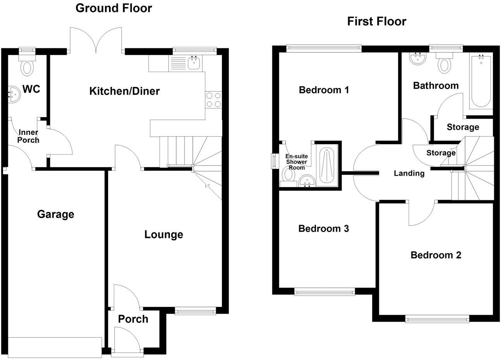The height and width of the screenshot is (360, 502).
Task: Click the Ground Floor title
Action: (113, 8)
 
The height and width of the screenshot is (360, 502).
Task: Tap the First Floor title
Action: (376, 21)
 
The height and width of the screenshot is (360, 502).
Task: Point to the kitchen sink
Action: (194, 63)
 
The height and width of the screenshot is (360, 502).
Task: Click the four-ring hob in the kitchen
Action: (213, 100)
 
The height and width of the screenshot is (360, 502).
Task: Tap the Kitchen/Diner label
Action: (124, 91)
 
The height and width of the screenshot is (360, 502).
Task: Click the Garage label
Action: (55, 214)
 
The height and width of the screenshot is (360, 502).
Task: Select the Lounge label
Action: (163, 234)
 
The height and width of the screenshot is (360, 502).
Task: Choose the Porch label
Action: (133, 319)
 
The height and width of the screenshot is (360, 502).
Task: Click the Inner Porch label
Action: (28, 136)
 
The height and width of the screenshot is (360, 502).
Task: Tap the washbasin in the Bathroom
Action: (418, 59)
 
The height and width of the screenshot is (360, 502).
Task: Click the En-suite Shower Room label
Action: (296, 162)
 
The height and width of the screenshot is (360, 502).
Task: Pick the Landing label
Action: (409, 173)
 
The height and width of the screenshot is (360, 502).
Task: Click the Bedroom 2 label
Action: (436, 255)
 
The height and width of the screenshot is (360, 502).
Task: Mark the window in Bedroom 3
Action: (324, 291)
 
